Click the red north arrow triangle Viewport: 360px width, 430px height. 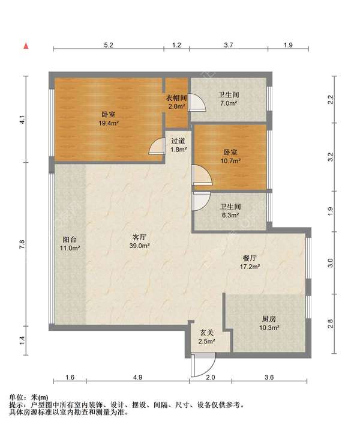26,46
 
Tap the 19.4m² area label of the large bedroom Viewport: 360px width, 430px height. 109,123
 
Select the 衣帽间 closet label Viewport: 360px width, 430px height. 177,98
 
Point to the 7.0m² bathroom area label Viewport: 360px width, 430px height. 229,103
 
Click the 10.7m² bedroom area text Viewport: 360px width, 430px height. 230,161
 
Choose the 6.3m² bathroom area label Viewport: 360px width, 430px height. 230,215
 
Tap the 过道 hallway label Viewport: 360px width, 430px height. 178,141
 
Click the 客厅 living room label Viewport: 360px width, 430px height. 139,237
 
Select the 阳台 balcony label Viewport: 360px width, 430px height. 70,240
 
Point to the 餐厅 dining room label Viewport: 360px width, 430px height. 250,258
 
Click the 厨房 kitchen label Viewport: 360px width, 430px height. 269,319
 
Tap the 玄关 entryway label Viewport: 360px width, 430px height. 206,333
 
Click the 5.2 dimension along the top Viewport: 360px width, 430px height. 109,45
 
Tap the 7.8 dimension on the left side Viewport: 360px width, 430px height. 22,244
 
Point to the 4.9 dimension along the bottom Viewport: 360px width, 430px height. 138,377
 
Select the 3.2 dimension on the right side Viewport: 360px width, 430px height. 331,157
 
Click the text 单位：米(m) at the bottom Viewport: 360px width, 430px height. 29,397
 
